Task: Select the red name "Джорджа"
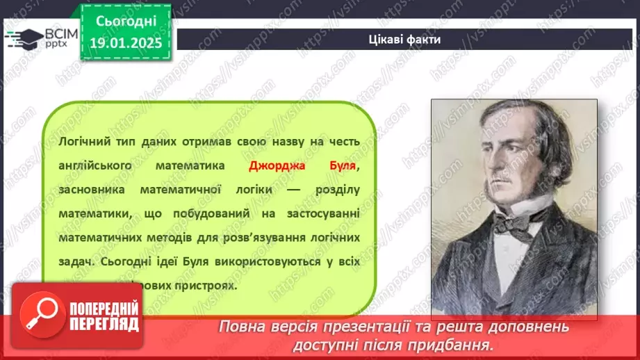[276, 166]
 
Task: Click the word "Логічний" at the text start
[82, 142]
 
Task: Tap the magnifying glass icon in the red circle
[39, 313]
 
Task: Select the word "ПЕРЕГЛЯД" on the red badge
[104, 324]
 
